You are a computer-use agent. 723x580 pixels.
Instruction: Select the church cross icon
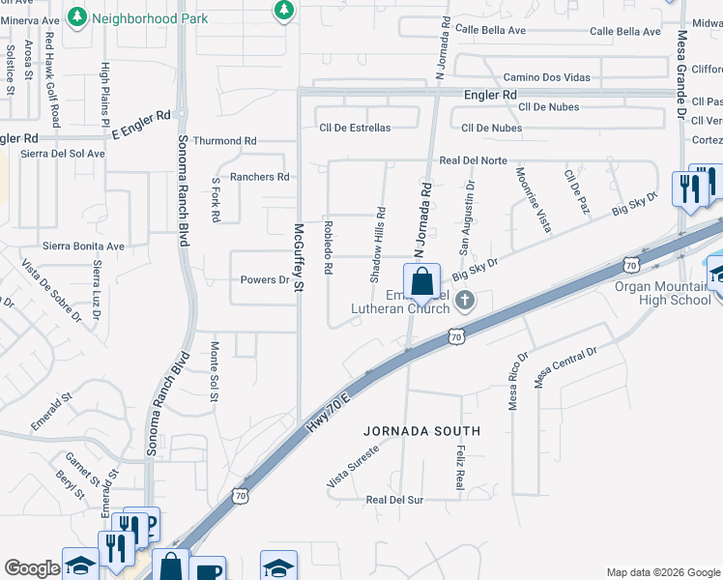click(x=465, y=301)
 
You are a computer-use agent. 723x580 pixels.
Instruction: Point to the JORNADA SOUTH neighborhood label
click(x=421, y=429)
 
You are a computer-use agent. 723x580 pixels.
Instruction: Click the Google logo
click(x=32, y=568)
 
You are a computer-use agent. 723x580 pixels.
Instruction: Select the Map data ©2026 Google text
click(x=662, y=572)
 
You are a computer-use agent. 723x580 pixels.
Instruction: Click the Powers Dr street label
click(x=265, y=280)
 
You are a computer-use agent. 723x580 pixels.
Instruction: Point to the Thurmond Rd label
click(x=225, y=141)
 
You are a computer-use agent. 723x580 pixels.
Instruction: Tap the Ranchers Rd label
click(x=259, y=177)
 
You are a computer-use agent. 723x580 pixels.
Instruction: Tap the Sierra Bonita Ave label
click(x=83, y=246)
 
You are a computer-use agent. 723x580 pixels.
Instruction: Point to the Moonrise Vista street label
click(x=533, y=199)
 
